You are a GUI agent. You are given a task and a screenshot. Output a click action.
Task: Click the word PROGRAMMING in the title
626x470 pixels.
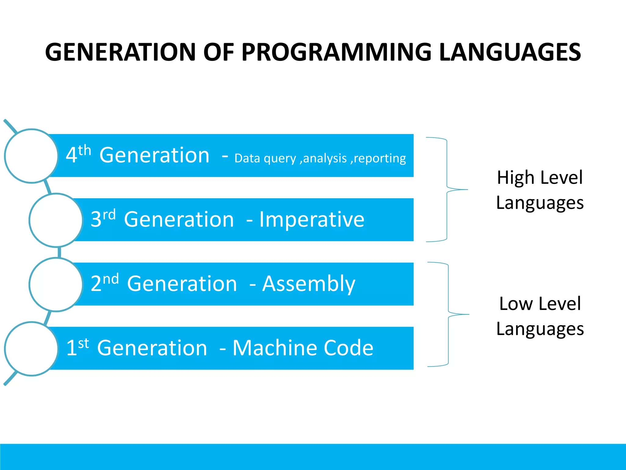pos(336,52)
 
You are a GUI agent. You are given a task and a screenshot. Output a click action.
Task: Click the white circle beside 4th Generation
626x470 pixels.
pos(31,156)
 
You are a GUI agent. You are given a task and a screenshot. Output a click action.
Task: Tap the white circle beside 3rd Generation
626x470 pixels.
pos(56,220)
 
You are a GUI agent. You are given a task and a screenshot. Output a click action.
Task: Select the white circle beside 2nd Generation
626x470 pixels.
pos(56,285)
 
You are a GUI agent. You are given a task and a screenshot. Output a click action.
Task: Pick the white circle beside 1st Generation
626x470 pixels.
pos(31,349)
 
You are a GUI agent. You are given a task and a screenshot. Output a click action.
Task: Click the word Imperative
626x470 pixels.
pos(312,220)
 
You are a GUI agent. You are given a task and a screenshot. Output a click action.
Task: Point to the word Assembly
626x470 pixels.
pos(309,284)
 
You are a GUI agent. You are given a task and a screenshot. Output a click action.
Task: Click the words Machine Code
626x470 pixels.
pos(303,348)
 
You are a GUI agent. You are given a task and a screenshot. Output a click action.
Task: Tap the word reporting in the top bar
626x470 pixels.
pos(380,159)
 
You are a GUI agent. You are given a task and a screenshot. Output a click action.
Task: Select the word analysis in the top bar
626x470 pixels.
pos(325,159)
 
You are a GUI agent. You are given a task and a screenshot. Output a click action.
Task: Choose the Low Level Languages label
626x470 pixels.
pos(540,316)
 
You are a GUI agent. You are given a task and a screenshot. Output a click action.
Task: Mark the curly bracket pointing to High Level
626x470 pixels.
pos(447,190)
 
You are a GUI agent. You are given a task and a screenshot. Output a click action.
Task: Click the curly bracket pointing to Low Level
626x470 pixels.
pos(448,314)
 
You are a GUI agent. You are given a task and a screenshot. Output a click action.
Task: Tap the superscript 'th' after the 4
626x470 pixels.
pos(85,151)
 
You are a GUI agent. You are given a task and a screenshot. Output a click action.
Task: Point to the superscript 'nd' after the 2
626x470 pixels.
pos(111,279)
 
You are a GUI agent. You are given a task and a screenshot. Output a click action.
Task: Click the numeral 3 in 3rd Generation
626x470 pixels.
pos(96,220)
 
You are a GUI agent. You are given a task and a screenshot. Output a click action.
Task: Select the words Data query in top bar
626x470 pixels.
pos(265,159)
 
